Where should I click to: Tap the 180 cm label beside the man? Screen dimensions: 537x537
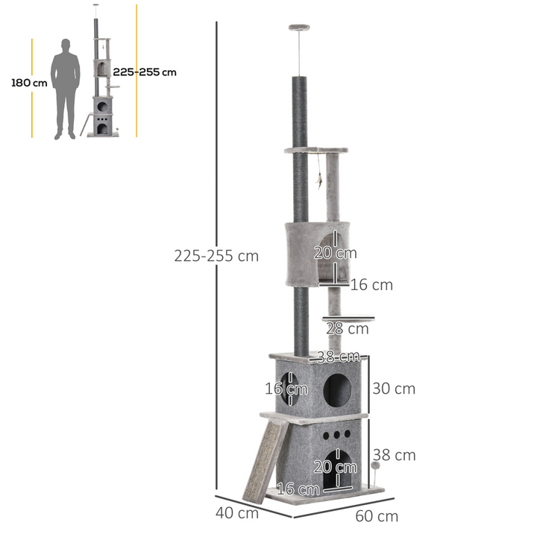coord(29,83)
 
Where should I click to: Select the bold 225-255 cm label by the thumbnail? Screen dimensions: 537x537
coord(145,72)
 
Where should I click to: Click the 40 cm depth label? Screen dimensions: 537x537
coord(237,513)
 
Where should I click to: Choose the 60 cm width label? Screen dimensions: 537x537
coord(377,516)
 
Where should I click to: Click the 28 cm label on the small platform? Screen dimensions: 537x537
coord(348,328)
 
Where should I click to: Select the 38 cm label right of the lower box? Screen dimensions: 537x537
coord(395,455)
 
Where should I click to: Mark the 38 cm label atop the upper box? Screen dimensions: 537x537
coord(339,357)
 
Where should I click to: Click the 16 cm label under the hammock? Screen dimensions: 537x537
coord(371,285)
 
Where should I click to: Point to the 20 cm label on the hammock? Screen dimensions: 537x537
coord(335,253)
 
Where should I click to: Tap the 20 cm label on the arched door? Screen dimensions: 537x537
coord(335,468)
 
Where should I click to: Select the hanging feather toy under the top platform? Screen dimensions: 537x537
coord(319,179)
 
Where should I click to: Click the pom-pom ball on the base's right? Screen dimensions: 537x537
coord(374,466)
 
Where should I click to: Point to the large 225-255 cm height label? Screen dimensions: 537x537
coord(216,256)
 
